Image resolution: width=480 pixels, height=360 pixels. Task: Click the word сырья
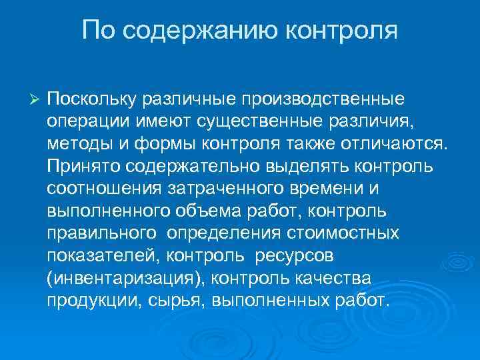(181, 300)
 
